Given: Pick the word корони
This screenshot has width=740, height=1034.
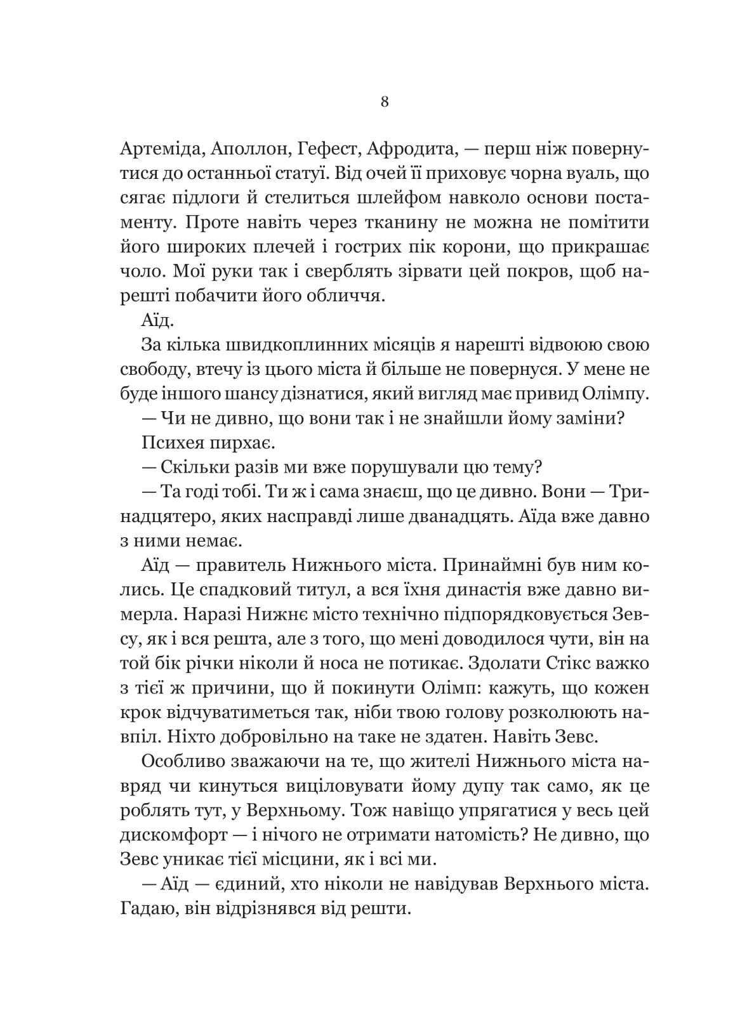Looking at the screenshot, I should (466, 247).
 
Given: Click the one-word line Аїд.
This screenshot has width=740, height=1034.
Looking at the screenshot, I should (155, 321).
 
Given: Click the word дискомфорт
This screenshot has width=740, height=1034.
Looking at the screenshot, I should (173, 835).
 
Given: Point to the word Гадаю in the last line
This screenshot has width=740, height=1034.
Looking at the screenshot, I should (142, 909).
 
